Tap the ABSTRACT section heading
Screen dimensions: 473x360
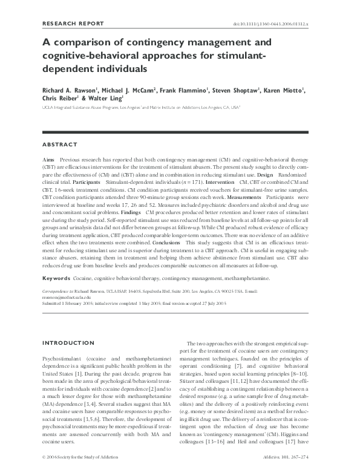(x=59, y=145)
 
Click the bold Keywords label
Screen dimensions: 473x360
(x=56, y=278)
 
